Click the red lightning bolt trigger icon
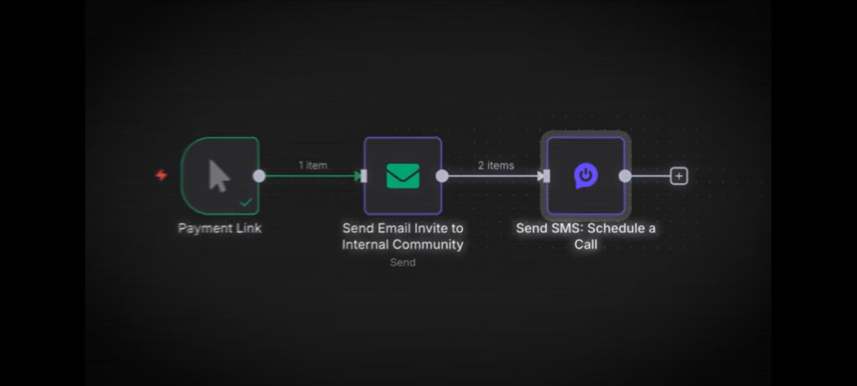tap(162, 175)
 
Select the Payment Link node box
tap(219, 175)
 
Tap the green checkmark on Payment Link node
tap(245, 202)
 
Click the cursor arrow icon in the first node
tap(218, 176)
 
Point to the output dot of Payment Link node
tap(259, 176)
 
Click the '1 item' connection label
tap(313, 165)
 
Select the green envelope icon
tap(403, 176)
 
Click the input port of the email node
tap(364, 176)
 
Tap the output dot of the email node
tap(442, 176)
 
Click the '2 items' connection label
tap(495, 165)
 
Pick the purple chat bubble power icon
tap(586, 176)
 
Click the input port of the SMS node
tap(547, 176)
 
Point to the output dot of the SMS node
tap(624, 176)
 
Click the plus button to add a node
tap(680, 176)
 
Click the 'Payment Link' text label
tap(219, 228)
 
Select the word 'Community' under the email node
tap(430, 244)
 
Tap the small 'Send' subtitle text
tap(403, 262)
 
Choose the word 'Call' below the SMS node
tap(586, 244)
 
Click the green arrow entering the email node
tap(357, 176)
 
